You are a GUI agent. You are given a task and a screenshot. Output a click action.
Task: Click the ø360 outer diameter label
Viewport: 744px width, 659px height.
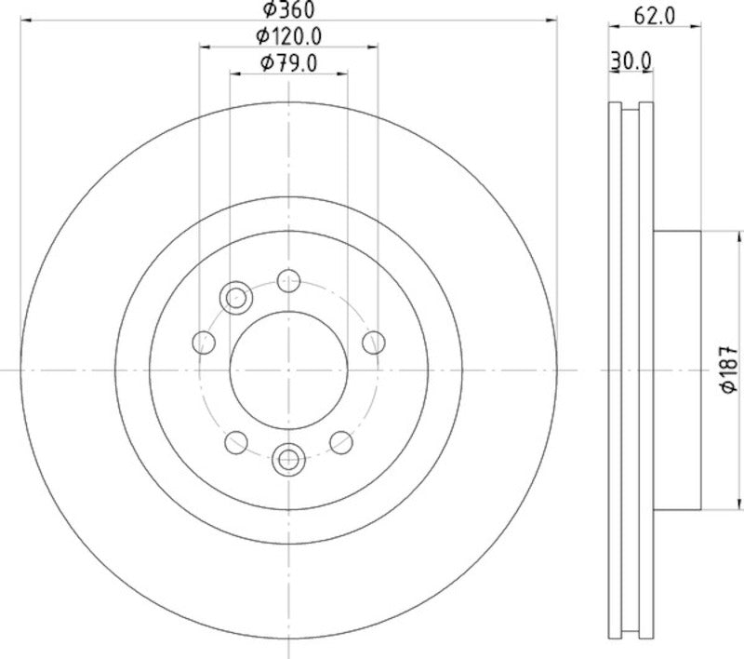287,10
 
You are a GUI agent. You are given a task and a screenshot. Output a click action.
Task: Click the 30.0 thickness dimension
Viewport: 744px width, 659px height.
631,61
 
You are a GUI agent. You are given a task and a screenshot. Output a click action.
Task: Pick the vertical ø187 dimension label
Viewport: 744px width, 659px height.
728,369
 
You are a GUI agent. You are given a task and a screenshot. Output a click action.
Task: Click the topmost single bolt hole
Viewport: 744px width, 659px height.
289,279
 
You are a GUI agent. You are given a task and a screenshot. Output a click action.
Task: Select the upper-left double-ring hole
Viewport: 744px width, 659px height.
236,298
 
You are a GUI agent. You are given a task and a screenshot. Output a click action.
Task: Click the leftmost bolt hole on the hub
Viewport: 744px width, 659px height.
203,342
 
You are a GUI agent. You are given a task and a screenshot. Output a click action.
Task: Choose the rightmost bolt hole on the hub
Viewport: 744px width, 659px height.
374,342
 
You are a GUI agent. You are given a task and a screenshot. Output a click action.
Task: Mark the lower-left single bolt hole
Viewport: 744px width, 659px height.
236,441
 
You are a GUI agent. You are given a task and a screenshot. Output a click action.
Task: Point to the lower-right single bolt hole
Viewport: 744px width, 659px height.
340,441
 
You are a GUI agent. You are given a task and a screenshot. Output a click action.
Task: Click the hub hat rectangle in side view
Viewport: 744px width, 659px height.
675,369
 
